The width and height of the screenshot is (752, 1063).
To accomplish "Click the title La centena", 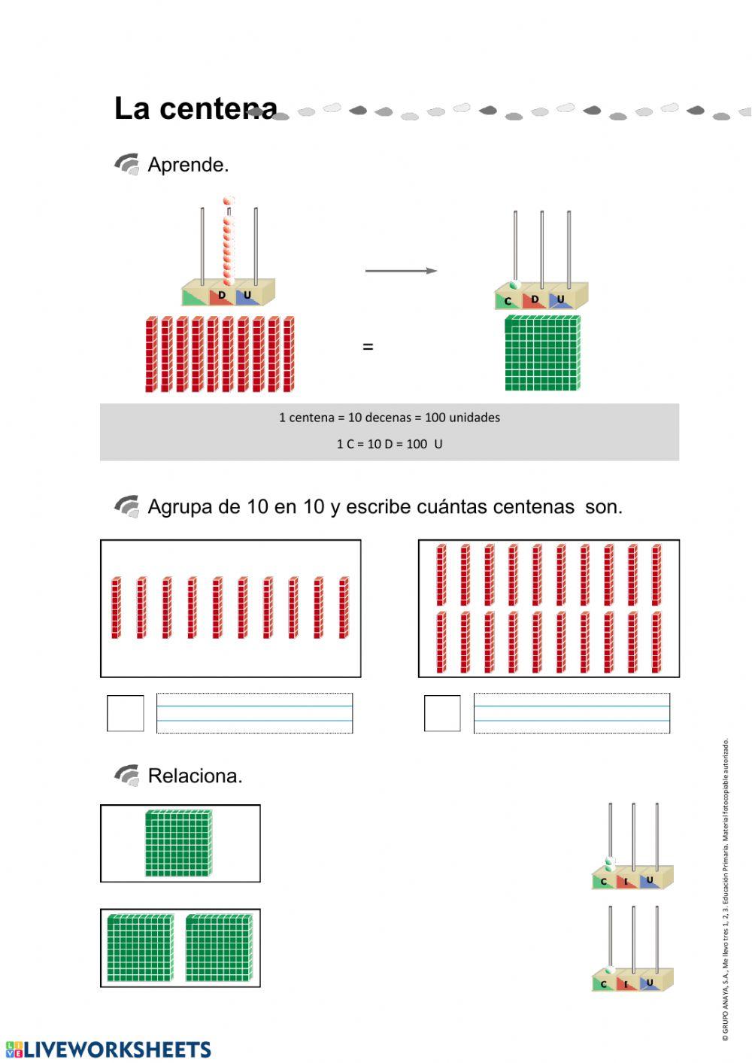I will pos(196,108).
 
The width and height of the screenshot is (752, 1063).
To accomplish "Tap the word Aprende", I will pos(188,165).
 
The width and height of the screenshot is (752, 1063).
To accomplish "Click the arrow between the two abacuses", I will pos(401,271).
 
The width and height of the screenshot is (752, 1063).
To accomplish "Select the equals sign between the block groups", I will pos(368,347).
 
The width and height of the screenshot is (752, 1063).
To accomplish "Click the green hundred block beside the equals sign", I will pos(542,353).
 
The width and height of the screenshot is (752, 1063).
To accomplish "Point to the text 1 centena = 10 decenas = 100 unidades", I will pos(390,418).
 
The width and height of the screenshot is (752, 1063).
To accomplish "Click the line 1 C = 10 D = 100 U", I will pos(390,444).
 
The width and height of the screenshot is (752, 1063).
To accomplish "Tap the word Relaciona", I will pos(195,776).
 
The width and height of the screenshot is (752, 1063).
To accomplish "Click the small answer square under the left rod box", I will pos(125,713).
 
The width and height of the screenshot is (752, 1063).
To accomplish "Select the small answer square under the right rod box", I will pos(442,713).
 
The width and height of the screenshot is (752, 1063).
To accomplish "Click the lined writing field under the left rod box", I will pos(254,713).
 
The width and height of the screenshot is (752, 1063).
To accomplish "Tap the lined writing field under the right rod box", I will pos(572,713).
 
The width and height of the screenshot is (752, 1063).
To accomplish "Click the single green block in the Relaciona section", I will pos(178,843).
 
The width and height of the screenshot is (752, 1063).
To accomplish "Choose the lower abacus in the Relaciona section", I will pos(632,949).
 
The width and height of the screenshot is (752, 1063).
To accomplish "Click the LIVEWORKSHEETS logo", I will pos(108,1049).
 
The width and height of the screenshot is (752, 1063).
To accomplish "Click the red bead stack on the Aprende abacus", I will pos(229,241).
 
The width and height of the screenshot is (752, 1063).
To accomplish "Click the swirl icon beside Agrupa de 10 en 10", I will pos(127,507).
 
